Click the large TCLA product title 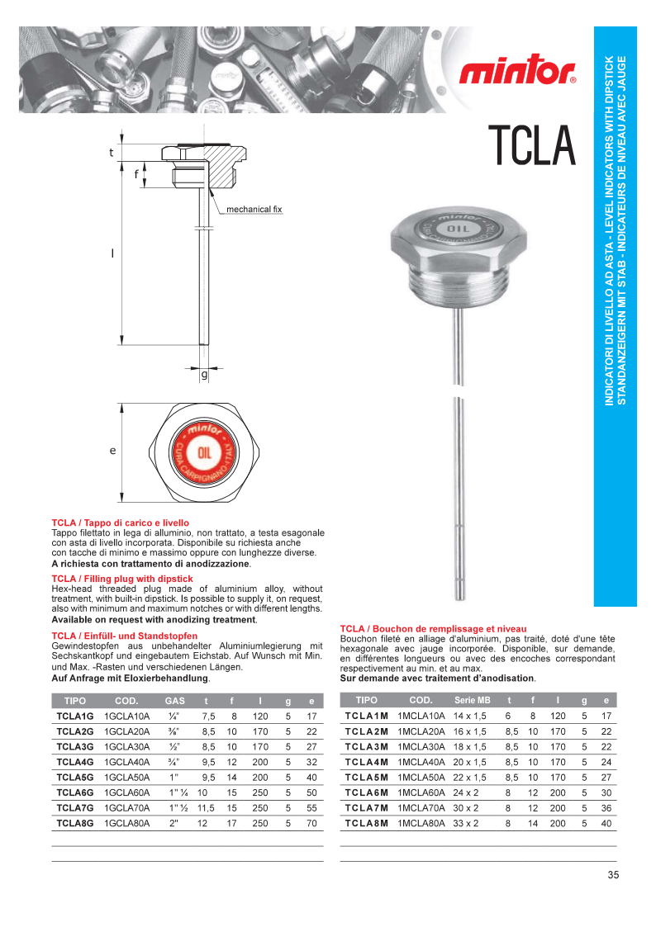(x=531, y=144)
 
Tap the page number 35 (x=612, y=876)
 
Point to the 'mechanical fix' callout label (x=254, y=210)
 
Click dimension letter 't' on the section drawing (x=112, y=153)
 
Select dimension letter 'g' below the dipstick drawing (x=204, y=375)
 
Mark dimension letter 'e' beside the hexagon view (x=112, y=451)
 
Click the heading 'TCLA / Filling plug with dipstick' (x=122, y=579)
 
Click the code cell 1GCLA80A (x=126, y=823)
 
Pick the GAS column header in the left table (x=174, y=701)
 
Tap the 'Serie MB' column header (x=472, y=700)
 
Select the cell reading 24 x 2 (x=467, y=792)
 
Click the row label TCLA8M (x=366, y=823)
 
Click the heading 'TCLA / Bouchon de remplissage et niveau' (x=433, y=628)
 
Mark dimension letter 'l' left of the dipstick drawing (x=112, y=253)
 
